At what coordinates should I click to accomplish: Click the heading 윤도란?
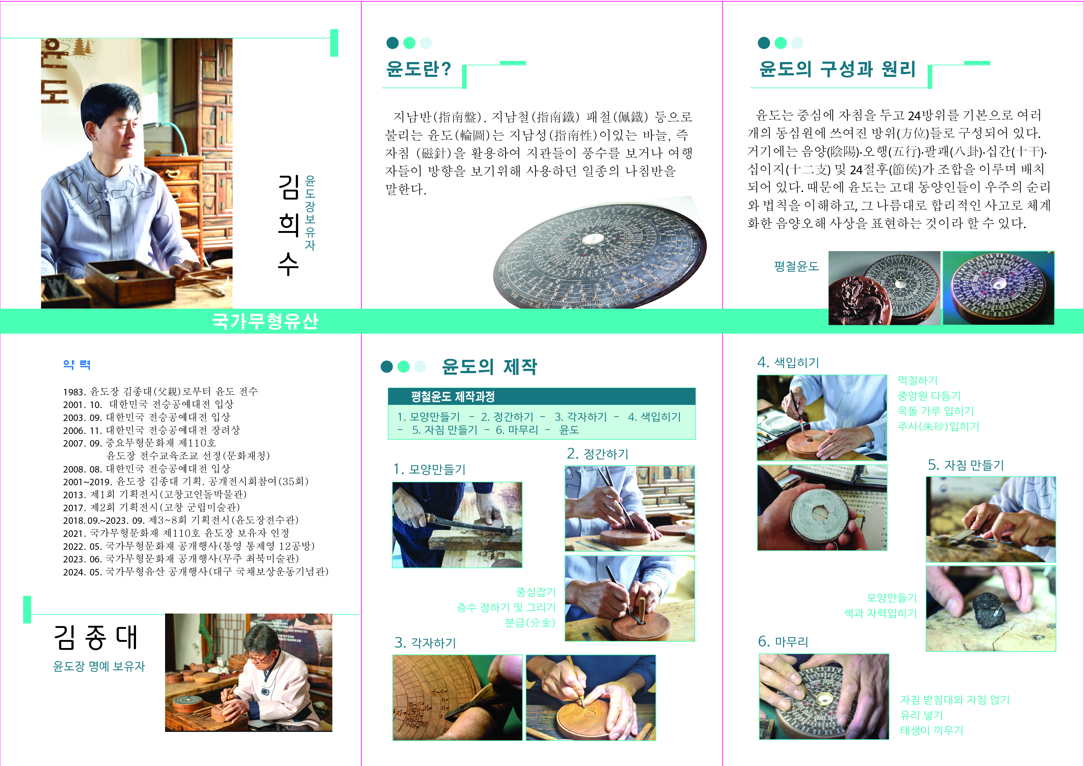point(418,69)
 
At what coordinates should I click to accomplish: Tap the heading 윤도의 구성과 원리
point(837,69)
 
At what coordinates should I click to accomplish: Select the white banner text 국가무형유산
point(265,321)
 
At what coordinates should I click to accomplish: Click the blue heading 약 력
point(76,364)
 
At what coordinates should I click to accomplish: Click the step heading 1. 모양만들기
point(429,469)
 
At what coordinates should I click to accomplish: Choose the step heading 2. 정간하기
point(598,454)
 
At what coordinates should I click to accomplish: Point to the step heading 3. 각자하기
point(425,642)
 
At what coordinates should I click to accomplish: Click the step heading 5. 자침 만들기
point(966,465)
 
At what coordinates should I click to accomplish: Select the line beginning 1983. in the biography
point(160,391)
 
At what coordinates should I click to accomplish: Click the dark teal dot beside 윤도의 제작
point(387,367)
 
